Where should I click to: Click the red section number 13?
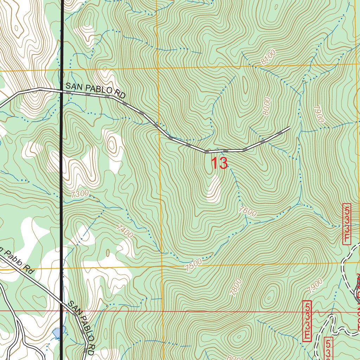pos(219,164)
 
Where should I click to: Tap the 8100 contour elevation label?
pos(268,57)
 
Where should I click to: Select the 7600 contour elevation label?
pos(247,211)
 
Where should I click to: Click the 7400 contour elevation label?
pos(126,231)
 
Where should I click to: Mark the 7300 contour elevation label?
pos(79,194)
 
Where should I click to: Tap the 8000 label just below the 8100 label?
pos(267,107)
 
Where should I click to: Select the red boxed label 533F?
pos(347,224)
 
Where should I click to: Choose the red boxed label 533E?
pos(307,321)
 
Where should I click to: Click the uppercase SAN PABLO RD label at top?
pos(96,90)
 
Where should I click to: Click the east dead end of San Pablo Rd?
pos(289,127)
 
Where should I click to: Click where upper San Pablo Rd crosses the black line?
pos(62,91)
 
